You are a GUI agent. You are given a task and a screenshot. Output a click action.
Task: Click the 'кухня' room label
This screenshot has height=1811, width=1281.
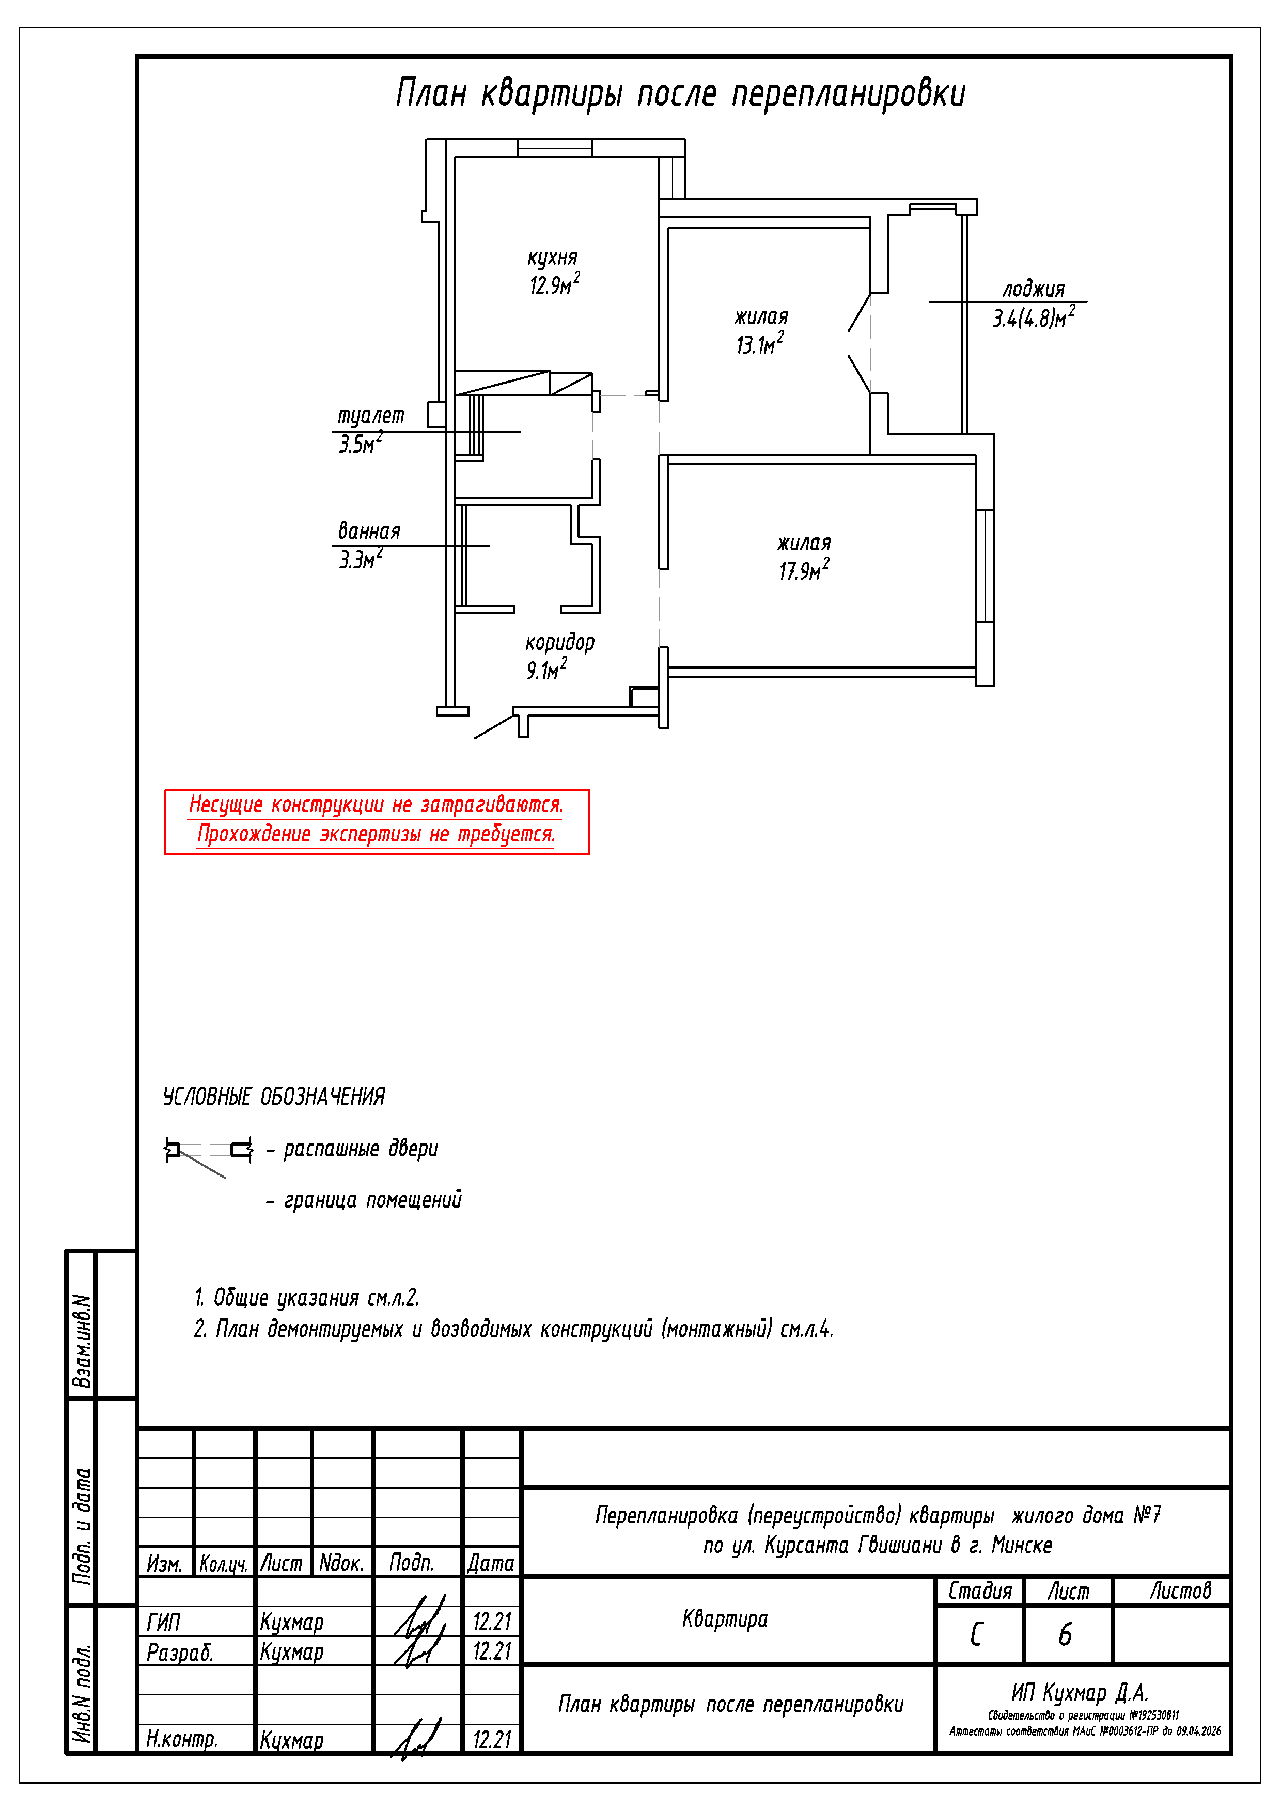pos(553,258)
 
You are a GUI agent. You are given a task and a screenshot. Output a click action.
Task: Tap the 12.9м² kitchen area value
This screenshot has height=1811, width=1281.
pos(554,284)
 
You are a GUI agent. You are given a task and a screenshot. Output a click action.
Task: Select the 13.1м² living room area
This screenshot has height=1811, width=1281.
pos(760,343)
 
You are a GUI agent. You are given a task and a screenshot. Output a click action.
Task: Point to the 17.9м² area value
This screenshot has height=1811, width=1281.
pos(804,569)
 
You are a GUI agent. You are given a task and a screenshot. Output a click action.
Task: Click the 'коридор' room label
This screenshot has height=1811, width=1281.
pos(559,642)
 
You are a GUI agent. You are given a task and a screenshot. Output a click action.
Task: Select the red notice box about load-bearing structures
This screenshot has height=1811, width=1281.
pos(377,822)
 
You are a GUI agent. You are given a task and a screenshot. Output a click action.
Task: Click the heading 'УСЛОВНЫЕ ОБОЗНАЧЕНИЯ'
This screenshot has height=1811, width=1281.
pos(274,1097)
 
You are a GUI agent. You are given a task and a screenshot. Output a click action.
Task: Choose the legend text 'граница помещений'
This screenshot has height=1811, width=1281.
pos(372,1200)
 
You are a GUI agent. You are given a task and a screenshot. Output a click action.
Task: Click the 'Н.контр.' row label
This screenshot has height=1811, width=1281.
pos(181,1738)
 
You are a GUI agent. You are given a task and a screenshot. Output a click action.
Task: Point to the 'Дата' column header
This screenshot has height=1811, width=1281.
pos(491,1563)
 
